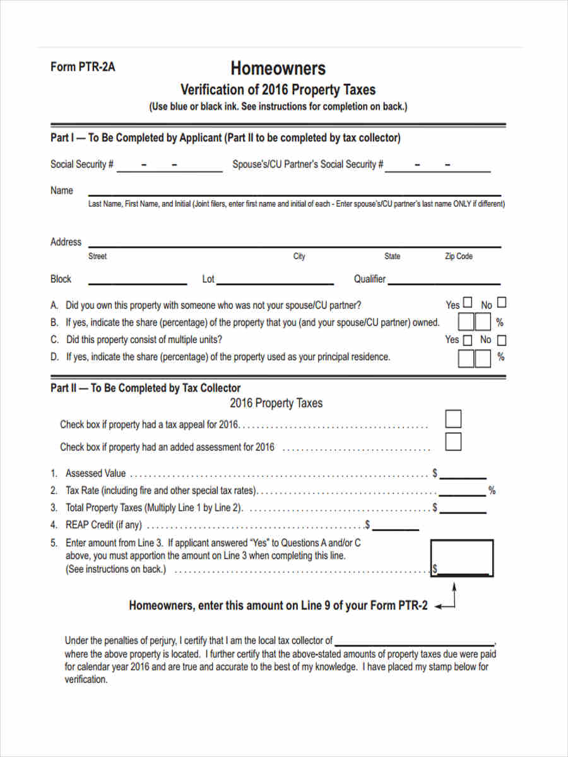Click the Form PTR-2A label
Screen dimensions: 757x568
point(83,67)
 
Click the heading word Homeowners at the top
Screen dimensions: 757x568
point(278,67)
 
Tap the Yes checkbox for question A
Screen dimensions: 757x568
point(468,303)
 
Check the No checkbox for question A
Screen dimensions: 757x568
point(501,303)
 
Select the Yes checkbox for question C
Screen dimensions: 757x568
point(468,341)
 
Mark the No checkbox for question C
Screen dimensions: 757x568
point(501,341)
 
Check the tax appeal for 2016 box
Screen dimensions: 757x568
point(453,419)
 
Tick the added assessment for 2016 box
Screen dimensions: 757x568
point(453,442)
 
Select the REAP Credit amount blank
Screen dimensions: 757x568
point(396,525)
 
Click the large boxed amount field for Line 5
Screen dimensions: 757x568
point(462,558)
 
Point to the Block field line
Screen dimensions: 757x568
point(138,280)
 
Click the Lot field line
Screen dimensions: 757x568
point(275,280)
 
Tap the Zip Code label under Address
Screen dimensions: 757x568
point(459,256)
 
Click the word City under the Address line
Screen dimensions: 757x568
point(299,256)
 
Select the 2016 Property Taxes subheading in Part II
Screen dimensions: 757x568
point(276,403)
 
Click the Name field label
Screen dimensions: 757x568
point(62,191)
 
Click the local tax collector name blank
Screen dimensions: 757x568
point(414,640)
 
